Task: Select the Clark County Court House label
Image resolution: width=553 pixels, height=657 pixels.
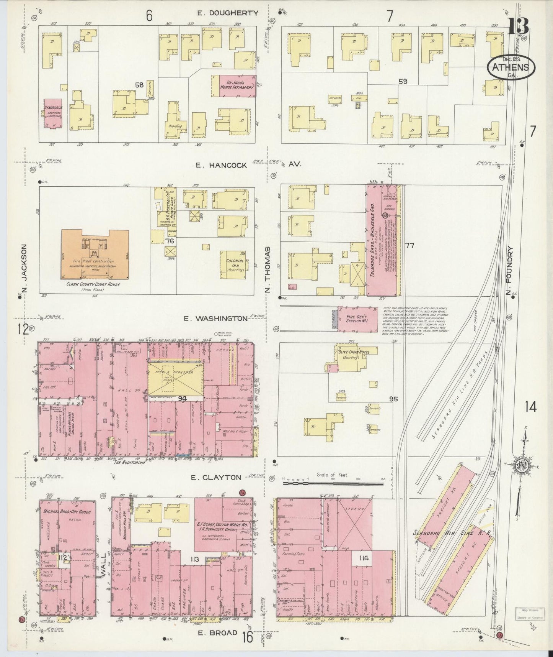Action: [x=93, y=284]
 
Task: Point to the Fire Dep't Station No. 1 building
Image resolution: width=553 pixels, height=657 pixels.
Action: [x=352, y=317]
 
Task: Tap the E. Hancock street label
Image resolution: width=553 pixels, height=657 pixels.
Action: [x=221, y=165]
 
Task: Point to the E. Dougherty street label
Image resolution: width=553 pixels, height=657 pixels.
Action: [x=228, y=13]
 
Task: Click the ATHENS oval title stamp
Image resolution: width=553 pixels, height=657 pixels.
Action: [x=511, y=68]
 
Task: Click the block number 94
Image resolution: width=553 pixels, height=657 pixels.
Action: [x=182, y=399]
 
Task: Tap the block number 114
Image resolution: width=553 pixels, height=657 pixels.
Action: [x=364, y=558]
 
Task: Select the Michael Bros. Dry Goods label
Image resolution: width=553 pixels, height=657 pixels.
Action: [x=67, y=512]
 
